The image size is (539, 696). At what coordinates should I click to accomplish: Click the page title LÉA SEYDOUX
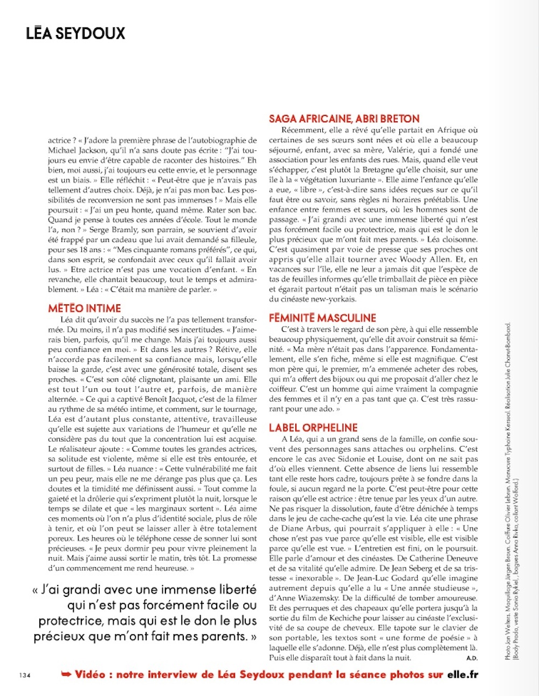coord(75,33)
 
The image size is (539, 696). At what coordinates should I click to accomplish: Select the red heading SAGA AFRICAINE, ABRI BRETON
coord(344,119)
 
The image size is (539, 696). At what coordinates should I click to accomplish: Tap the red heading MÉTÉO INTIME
coord(85,308)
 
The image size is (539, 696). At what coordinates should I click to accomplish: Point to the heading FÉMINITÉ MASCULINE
coord(322,318)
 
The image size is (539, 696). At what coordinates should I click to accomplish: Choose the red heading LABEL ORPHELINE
coord(313,428)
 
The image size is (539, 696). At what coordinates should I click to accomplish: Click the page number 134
coord(25,675)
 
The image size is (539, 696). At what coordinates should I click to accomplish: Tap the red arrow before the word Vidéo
coord(66,674)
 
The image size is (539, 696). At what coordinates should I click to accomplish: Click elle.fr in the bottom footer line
coord(462,674)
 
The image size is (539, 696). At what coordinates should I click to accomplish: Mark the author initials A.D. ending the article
coord(472,658)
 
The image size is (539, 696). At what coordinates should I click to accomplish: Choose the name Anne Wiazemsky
coord(309,598)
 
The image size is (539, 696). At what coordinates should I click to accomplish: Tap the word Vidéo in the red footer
coord(90,674)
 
